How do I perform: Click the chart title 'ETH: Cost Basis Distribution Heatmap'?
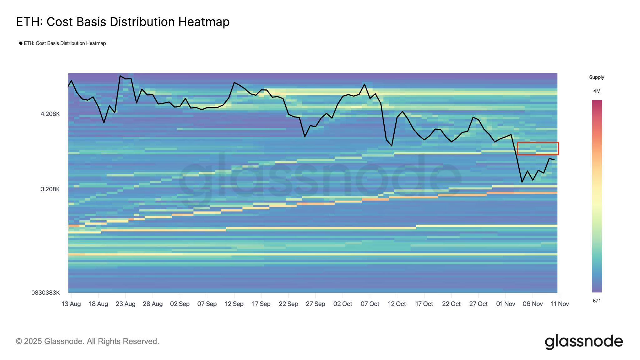tap(123, 22)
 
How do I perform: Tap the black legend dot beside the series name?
tap(21, 43)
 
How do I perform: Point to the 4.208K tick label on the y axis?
tap(50, 114)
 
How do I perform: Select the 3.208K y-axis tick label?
tap(50, 189)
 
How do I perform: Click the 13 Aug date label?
tap(71, 304)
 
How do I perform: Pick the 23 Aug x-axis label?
tap(125, 304)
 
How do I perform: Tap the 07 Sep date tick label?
tap(207, 304)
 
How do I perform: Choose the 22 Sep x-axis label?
tap(288, 304)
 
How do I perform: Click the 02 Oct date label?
tap(342, 304)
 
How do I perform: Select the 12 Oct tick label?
tap(397, 304)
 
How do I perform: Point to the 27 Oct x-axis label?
tap(478, 304)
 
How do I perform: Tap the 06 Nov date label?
tap(533, 304)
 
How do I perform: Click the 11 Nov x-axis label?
tap(560, 304)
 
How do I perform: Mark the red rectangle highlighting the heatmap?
tap(538, 148)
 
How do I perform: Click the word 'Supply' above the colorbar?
tap(597, 77)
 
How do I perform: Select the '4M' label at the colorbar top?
tap(597, 91)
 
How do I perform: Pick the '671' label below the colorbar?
tap(597, 301)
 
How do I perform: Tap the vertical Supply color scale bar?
tap(597, 196)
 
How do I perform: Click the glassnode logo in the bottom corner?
tap(584, 342)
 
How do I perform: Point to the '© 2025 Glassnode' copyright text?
tap(87, 341)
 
